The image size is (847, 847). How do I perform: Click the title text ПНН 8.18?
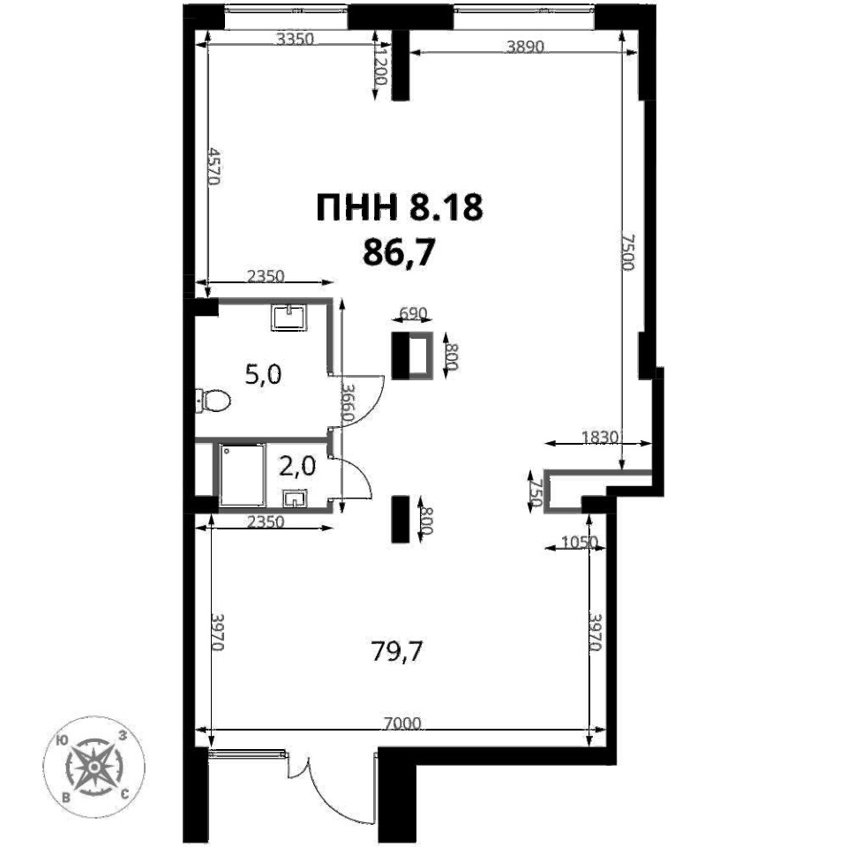click(x=399, y=207)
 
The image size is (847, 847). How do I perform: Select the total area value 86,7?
click(x=399, y=252)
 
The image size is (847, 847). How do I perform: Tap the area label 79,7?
click(x=397, y=652)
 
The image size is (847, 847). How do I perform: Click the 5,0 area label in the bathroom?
click(x=263, y=374)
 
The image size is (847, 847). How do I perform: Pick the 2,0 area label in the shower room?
click(x=297, y=466)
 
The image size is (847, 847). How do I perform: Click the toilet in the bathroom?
click(x=213, y=401)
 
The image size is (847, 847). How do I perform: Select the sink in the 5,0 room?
click(x=289, y=317)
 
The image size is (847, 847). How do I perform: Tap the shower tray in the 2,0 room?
click(x=243, y=476)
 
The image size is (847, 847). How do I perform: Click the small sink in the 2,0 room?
click(x=295, y=498)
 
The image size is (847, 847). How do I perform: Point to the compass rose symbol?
click(x=94, y=766)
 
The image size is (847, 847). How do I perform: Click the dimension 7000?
click(x=402, y=723)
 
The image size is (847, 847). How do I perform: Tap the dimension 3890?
click(x=524, y=47)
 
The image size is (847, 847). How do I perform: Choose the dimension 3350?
click(x=295, y=38)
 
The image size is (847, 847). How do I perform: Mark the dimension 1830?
click(x=600, y=437)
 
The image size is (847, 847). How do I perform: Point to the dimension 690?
click(x=413, y=313)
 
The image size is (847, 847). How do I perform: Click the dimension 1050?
click(x=580, y=541)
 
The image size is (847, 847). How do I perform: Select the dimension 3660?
click(x=349, y=403)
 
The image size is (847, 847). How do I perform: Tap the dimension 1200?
click(x=381, y=65)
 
